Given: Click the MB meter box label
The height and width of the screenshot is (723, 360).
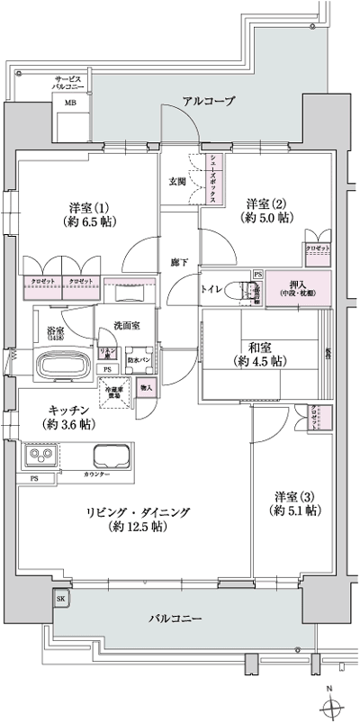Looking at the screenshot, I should click(x=69, y=104).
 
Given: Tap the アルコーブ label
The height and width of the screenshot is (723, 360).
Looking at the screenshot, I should click(x=208, y=101).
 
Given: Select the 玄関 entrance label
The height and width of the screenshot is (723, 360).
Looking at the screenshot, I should click(x=176, y=181).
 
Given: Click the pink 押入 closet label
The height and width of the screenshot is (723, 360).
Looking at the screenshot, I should click(x=295, y=285).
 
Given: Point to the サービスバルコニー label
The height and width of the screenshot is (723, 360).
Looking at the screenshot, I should click(x=68, y=84).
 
